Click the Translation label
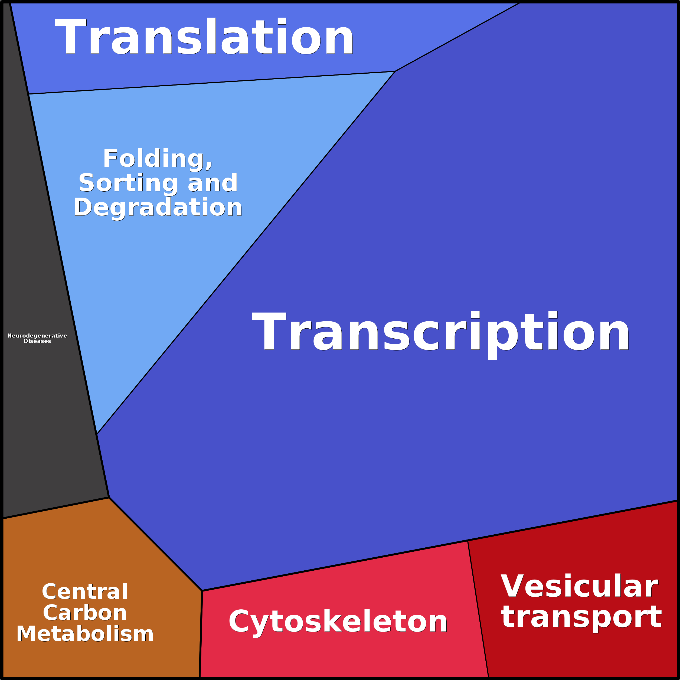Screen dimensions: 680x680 pos(204,36)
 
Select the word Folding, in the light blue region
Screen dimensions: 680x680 pos(158,159)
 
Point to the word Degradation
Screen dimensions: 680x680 pos(158,208)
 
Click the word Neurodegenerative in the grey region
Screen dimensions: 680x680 pos(37,336)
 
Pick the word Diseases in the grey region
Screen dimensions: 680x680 pos(37,341)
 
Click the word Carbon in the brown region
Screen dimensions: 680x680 pos(85,613)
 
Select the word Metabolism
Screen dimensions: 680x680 pos(85,634)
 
